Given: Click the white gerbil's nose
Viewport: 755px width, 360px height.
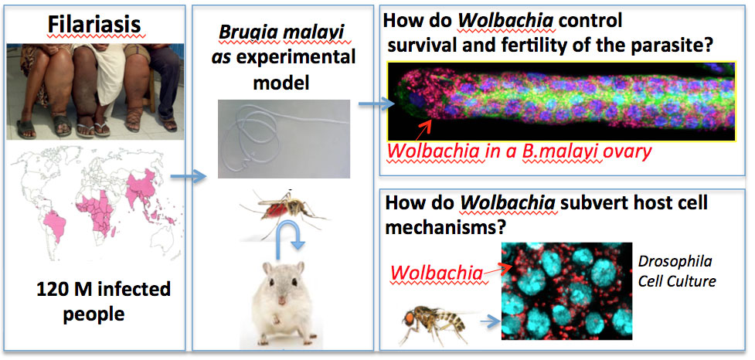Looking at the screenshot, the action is click(x=282, y=301).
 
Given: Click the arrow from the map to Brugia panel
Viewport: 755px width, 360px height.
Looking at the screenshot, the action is click(x=189, y=177).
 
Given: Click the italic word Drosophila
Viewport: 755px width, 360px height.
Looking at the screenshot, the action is click(x=675, y=263).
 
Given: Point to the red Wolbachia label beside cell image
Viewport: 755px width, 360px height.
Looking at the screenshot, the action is click(x=437, y=273).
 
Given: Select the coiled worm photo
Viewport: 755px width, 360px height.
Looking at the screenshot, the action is click(x=284, y=138).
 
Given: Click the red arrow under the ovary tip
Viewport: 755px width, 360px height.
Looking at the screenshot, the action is click(x=425, y=130).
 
